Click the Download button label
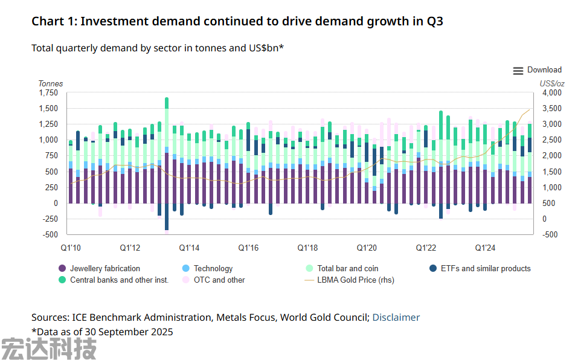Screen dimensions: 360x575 544,70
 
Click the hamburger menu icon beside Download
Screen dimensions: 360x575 518,71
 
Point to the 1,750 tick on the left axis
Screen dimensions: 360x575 48,93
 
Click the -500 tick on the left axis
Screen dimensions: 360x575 50,235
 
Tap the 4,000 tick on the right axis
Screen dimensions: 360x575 552,93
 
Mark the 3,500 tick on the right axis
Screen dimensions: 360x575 552,109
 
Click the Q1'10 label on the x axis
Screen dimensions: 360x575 71,248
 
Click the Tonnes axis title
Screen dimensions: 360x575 51,83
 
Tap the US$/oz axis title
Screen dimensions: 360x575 552,83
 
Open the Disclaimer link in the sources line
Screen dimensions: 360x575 396,318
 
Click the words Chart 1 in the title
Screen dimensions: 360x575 53,22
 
